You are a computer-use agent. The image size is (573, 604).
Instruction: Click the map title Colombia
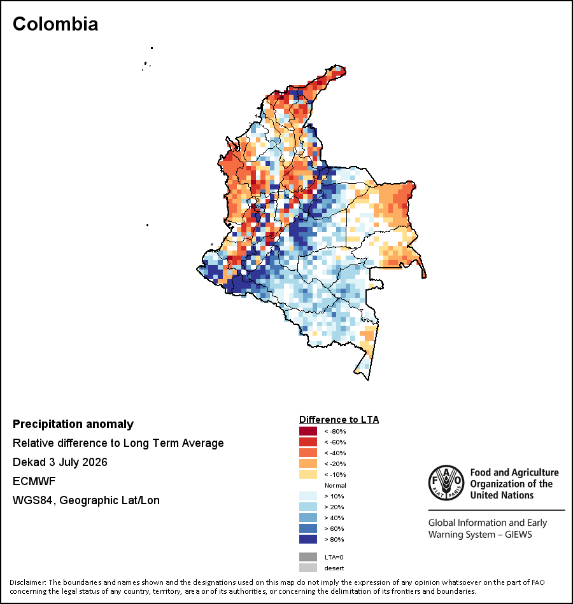tap(55, 24)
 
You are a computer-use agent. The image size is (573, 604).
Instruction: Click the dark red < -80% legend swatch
tap(308, 431)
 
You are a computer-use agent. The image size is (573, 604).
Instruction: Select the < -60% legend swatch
tap(308, 442)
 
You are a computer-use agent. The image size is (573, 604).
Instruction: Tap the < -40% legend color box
tap(308, 453)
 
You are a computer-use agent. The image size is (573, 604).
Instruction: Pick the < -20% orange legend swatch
tap(308, 463)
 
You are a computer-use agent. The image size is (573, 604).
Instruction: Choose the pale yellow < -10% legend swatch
tap(308, 474)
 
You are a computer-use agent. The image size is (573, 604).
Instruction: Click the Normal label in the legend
tap(336, 485)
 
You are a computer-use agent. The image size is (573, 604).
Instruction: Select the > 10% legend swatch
tap(308, 496)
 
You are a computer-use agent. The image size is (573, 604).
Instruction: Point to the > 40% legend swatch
tap(308, 518)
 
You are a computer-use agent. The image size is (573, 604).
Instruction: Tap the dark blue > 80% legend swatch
tap(308, 539)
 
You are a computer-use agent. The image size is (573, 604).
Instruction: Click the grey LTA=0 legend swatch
tap(308, 557)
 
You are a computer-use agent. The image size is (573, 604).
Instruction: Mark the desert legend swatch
tap(308, 568)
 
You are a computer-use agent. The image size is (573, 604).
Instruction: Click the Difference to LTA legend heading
tap(339, 420)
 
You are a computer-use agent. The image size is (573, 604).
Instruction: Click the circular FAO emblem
tap(446, 483)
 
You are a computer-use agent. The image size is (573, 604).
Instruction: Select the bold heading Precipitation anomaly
tap(73, 424)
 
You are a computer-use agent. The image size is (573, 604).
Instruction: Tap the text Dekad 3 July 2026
tap(60, 462)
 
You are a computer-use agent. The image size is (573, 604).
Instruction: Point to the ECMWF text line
tap(34, 481)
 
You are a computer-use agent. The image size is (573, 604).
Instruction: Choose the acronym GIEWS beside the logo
tap(518, 535)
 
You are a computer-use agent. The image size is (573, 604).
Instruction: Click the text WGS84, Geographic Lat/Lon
tap(86, 500)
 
